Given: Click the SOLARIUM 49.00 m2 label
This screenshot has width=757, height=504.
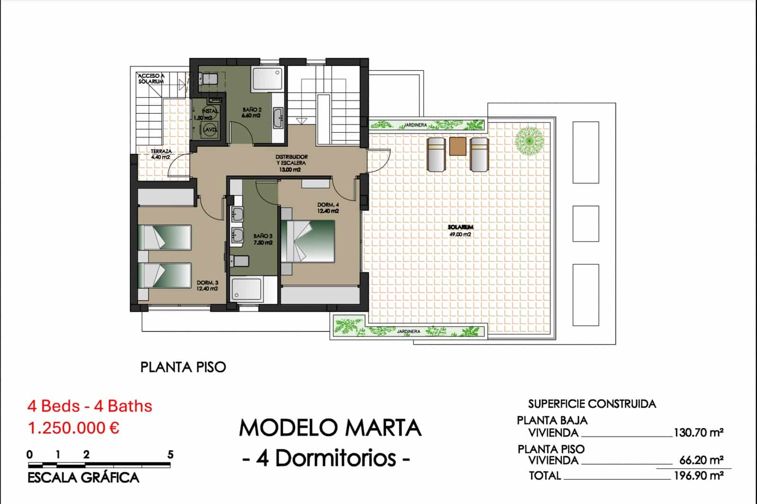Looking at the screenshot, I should tap(460, 231).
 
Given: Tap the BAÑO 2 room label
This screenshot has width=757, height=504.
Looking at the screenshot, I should tap(252, 113).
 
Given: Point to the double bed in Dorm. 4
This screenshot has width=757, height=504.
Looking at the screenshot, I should tap(309, 241).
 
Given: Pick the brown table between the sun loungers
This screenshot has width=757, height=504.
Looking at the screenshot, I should tap(458, 146).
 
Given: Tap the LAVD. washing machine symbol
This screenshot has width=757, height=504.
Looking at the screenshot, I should tap(210, 129).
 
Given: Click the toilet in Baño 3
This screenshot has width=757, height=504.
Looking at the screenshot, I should tap(239, 261).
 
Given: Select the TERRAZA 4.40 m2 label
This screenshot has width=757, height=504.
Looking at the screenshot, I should tap(161, 154).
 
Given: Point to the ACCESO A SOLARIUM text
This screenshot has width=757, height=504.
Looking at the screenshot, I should tap(151, 78).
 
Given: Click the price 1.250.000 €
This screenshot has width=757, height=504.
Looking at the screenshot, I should tap(73, 428).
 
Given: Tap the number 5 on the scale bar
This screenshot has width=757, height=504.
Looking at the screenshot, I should tap(170, 454).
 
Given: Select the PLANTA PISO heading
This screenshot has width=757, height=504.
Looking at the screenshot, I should tap(183, 367).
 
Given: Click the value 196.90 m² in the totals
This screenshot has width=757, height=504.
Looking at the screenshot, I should tap(698, 475).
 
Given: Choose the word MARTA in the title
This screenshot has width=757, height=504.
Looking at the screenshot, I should tap(384, 428).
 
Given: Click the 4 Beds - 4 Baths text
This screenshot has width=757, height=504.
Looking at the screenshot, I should tap(90, 406).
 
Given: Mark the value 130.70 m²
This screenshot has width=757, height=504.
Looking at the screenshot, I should tap(698, 432).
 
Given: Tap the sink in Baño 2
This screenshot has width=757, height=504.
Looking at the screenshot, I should tap(279, 117).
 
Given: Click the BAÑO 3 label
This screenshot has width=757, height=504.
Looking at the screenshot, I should tap(263, 239).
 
